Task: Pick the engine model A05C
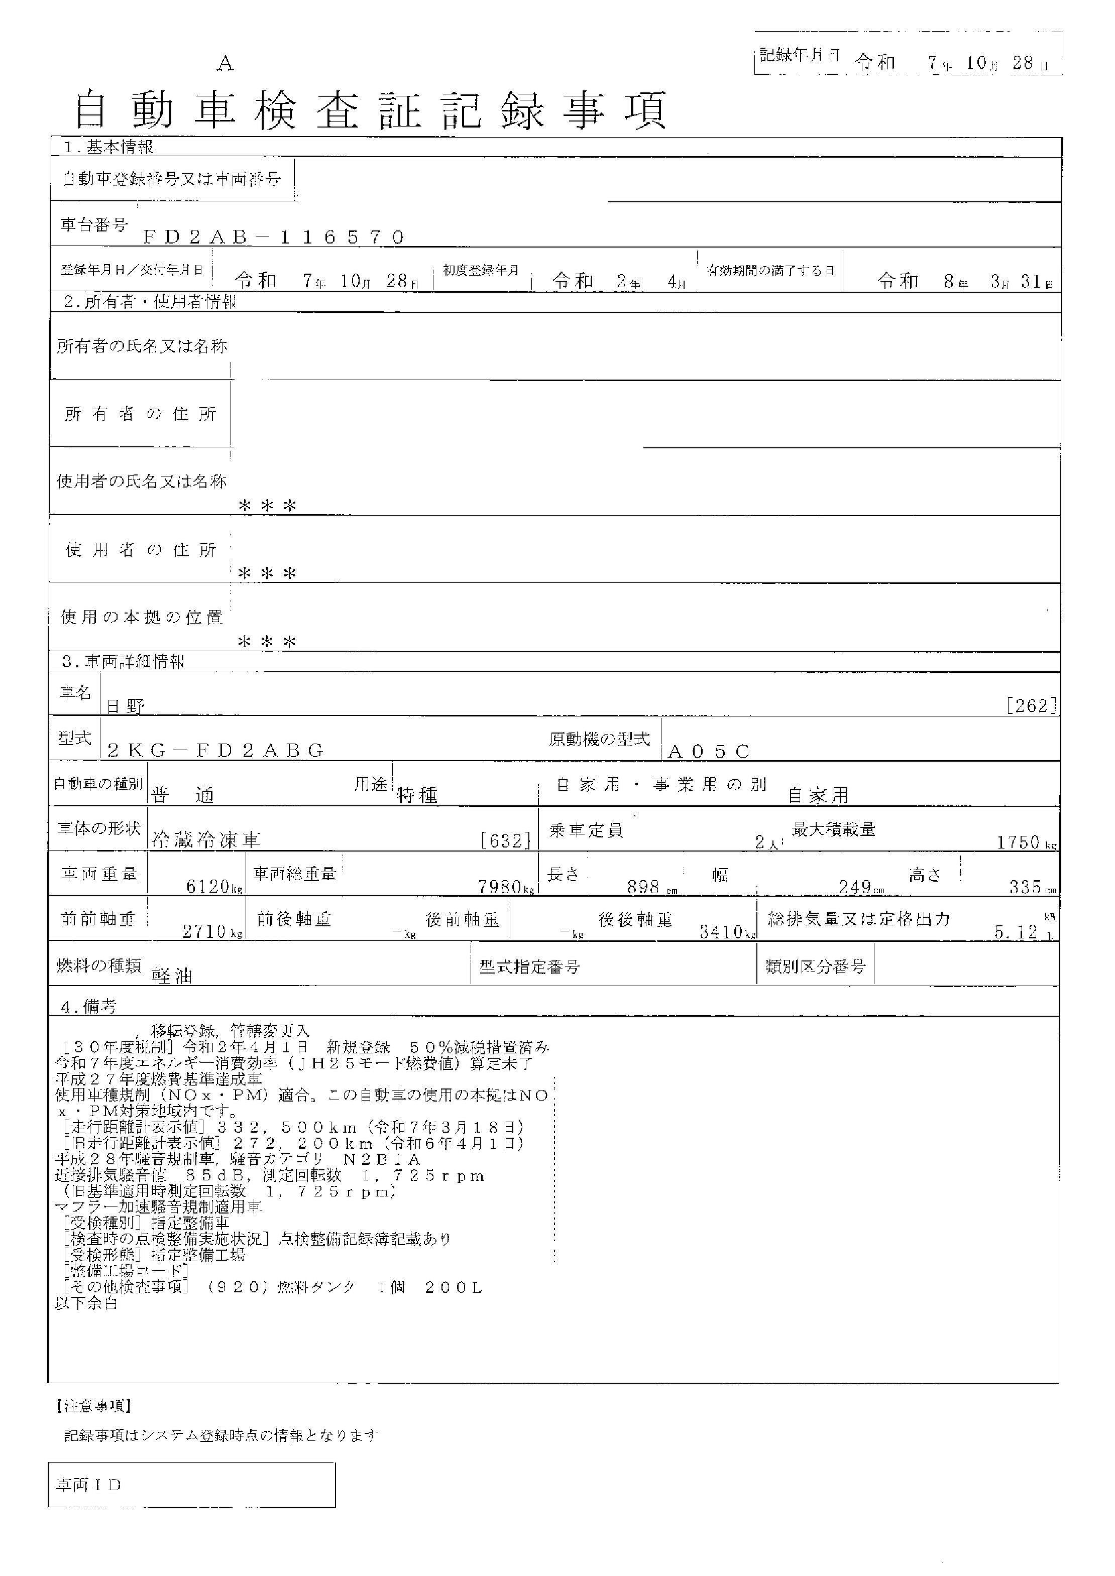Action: [x=709, y=751]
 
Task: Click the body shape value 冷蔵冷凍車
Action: [x=206, y=839]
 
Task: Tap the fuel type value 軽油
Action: [x=172, y=976]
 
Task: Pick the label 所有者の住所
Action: [x=140, y=414]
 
